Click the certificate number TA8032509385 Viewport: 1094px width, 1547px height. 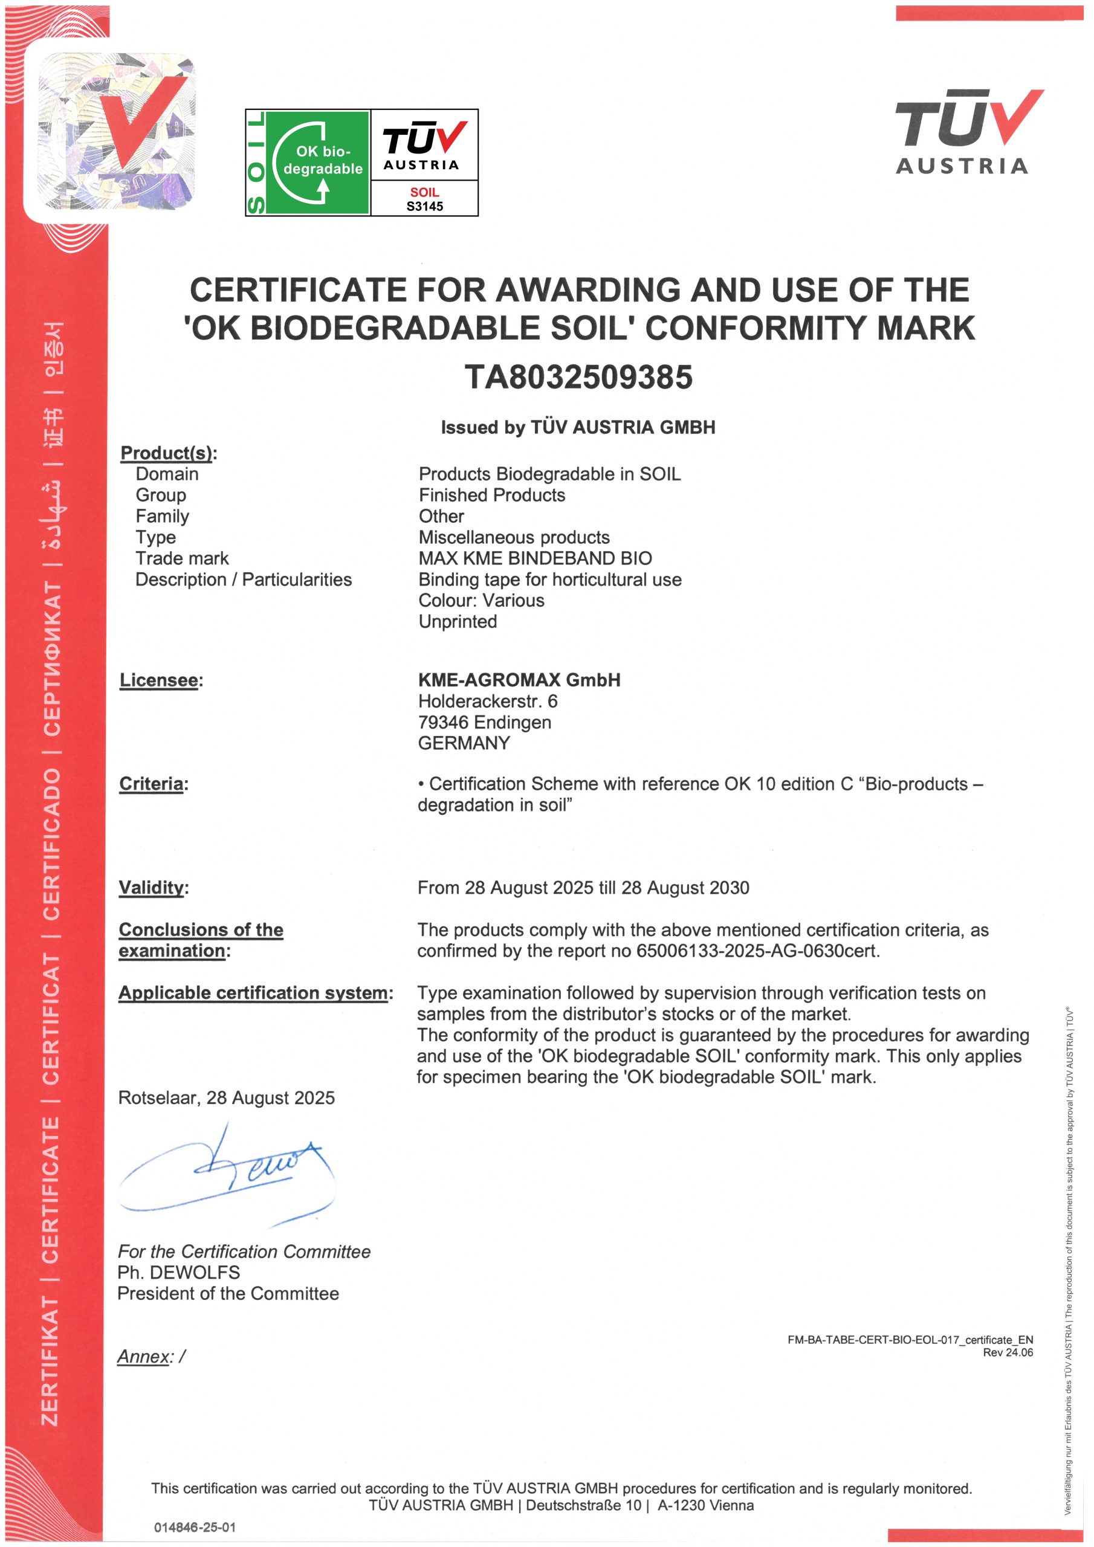tap(578, 377)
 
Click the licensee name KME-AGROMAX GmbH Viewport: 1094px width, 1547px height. tap(519, 680)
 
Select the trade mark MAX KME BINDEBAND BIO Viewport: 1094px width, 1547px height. tap(534, 558)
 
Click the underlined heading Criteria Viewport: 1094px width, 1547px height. tap(151, 784)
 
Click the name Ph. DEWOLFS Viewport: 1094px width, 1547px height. tap(179, 1272)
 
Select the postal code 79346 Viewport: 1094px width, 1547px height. tap(443, 722)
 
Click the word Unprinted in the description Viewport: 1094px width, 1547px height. tap(458, 621)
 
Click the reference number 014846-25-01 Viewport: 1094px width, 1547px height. tap(195, 1528)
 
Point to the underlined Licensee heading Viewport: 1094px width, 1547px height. tap(159, 680)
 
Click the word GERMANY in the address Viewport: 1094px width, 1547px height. tap(464, 743)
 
